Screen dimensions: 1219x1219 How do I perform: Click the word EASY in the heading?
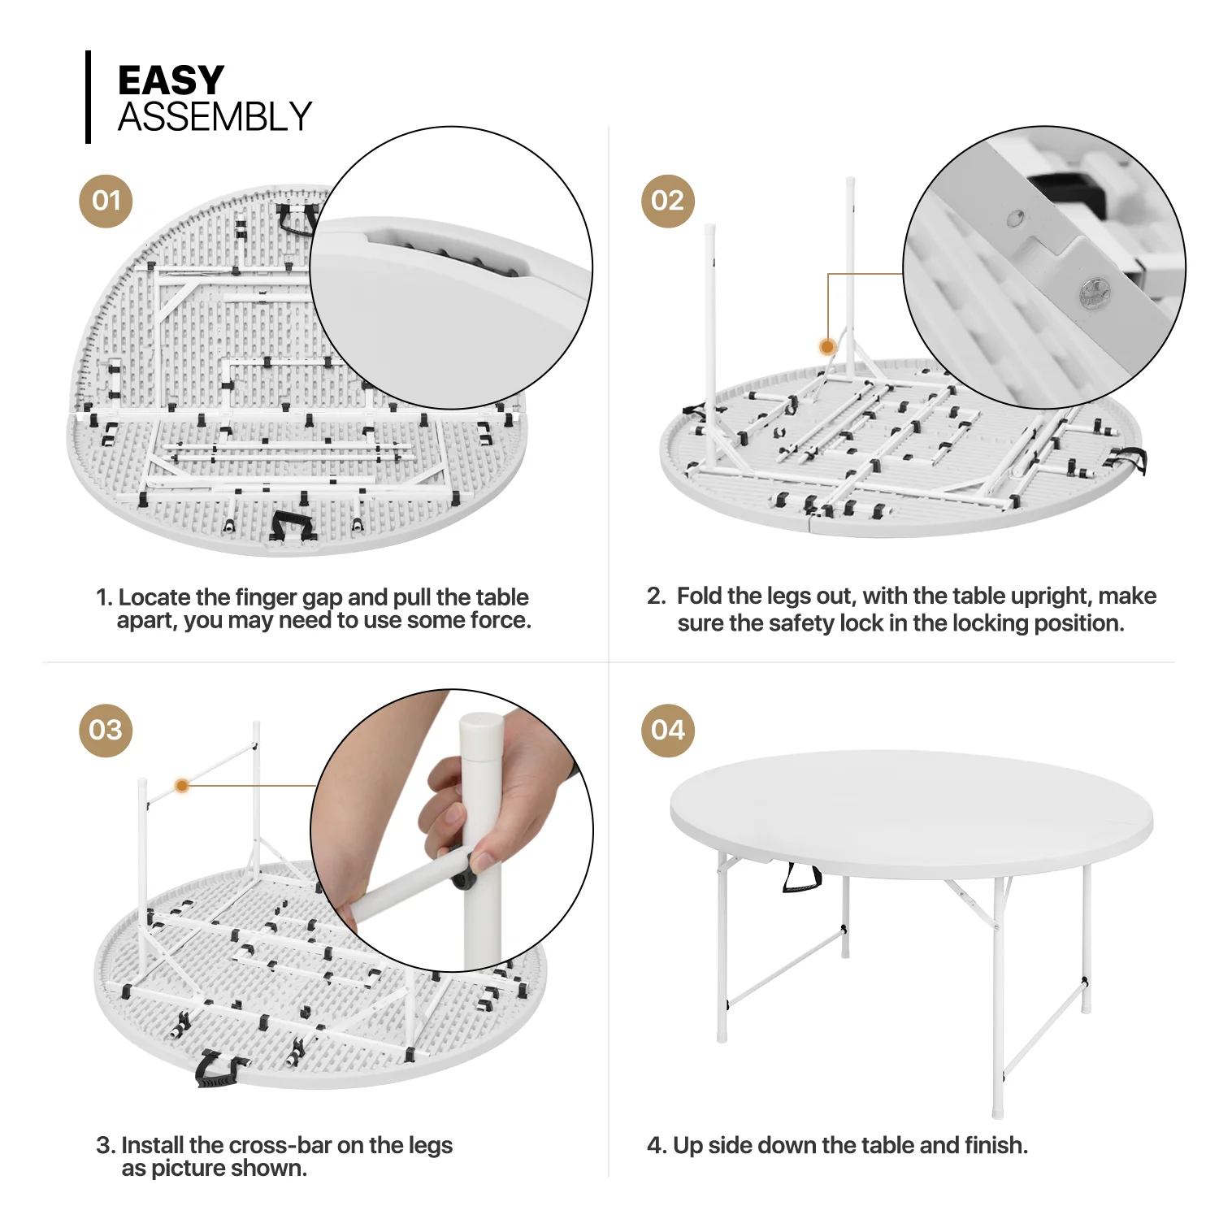(171, 80)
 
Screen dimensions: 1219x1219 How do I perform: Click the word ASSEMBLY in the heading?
(215, 117)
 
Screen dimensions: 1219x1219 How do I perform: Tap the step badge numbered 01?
(106, 201)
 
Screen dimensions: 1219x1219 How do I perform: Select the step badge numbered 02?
(667, 201)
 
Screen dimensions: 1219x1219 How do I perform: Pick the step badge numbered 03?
(106, 730)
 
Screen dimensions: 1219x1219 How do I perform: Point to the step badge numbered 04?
(667, 730)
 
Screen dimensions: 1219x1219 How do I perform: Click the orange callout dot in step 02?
(827, 347)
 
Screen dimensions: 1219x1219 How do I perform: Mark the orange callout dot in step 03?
(182, 786)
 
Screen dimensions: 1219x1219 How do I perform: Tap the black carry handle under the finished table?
(800, 878)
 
